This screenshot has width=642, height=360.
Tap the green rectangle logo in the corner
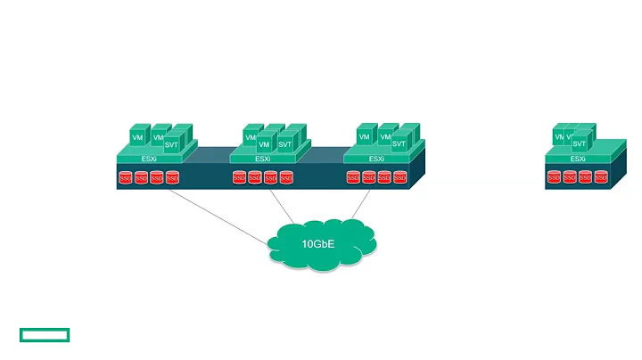coord(44,335)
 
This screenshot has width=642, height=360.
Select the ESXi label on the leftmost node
coord(149,159)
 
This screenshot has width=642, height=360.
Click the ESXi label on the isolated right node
coord(577,159)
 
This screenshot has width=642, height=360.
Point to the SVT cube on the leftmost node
coord(172,144)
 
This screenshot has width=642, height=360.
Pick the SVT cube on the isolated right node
coord(580,143)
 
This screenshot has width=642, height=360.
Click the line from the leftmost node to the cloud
coord(219,215)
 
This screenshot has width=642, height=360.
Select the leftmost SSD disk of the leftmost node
coord(126,178)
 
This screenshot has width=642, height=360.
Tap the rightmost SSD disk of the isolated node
coord(601,178)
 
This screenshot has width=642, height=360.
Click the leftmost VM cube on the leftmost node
coord(137,138)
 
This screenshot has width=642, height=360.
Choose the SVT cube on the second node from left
coord(284,144)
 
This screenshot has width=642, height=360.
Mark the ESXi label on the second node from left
coord(262,159)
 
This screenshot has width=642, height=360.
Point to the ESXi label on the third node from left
coord(376,159)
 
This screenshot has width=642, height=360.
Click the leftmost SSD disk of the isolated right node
coord(554,178)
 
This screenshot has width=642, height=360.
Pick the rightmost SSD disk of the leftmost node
coord(172,178)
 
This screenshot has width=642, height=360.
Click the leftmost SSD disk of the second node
coord(239,178)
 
